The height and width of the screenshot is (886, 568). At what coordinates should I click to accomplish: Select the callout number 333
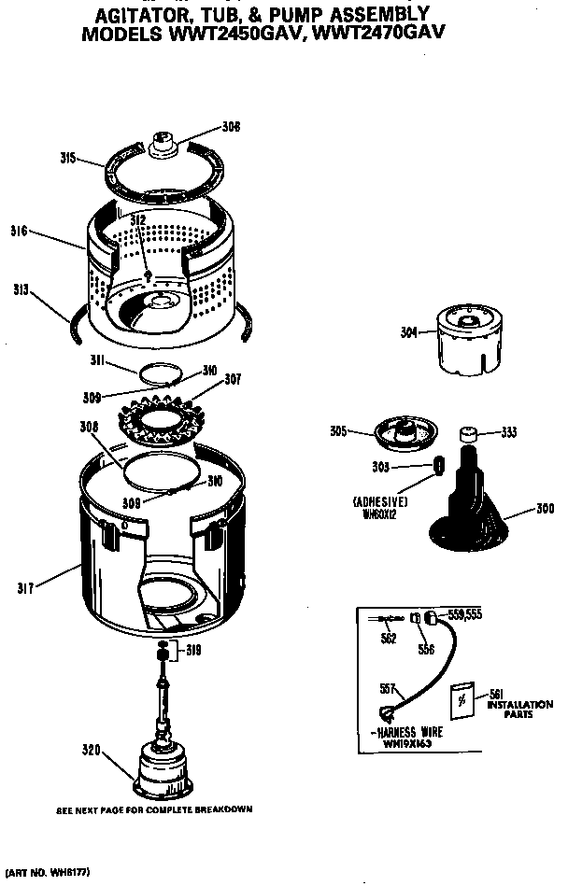coord(509,431)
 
